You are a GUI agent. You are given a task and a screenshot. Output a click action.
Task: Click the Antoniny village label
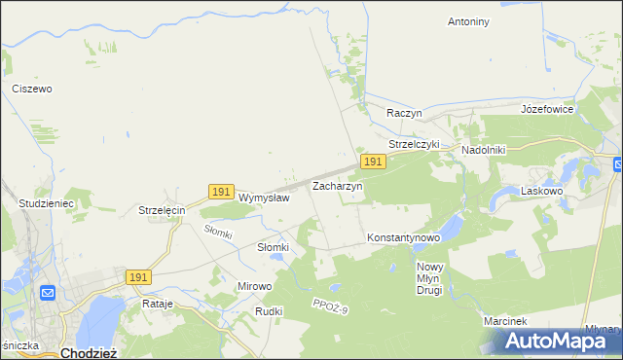[468, 20]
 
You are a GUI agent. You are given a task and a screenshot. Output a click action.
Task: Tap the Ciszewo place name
[32, 89]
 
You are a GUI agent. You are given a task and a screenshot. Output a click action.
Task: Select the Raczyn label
[403, 113]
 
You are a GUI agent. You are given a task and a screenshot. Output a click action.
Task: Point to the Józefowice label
[548, 109]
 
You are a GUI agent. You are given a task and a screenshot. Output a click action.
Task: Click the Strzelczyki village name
[415, 144]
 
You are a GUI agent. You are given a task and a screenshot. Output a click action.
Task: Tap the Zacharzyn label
[337, 185]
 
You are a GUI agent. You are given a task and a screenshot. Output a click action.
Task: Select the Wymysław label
[264, 198]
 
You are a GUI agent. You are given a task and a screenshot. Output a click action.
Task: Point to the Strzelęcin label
[162, 210]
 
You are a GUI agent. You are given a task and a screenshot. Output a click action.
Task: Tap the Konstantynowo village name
[404, 237]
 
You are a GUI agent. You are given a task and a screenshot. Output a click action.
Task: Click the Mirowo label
[255, 287]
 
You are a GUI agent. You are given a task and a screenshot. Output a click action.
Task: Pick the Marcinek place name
[505, 321]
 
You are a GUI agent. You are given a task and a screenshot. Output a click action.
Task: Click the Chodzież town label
[90, 353]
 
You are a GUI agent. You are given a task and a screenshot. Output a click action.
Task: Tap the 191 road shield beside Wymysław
[221, 193]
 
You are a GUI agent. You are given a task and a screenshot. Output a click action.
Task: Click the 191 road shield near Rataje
[138, 277]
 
